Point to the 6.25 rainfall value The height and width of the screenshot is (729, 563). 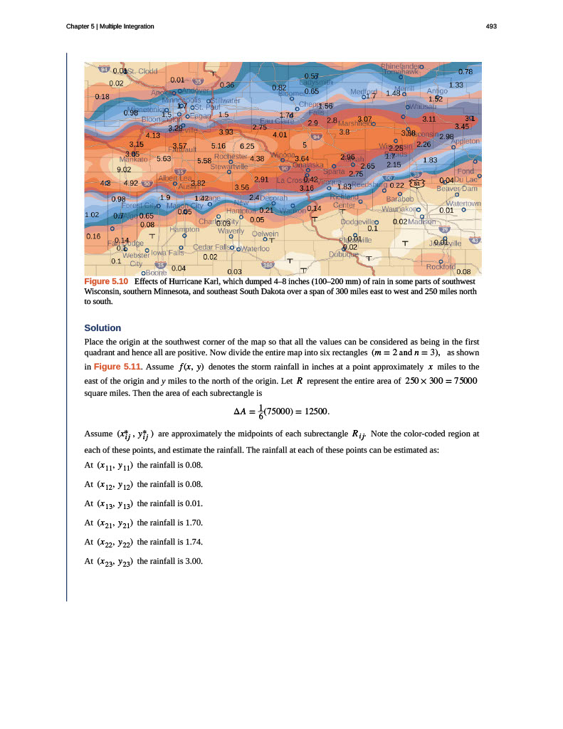click(247, 145)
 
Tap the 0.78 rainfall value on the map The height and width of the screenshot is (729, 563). click(465, 72)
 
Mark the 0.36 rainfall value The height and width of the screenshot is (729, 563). click(228, 85)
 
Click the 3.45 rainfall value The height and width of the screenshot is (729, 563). click(462, 127)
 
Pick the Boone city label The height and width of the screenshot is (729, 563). click(154, 272)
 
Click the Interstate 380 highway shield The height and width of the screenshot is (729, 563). click(268, 266)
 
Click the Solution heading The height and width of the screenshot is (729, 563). click(102, 327)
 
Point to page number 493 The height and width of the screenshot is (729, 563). click(490, 26)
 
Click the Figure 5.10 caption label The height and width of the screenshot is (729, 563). click(105, 282)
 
